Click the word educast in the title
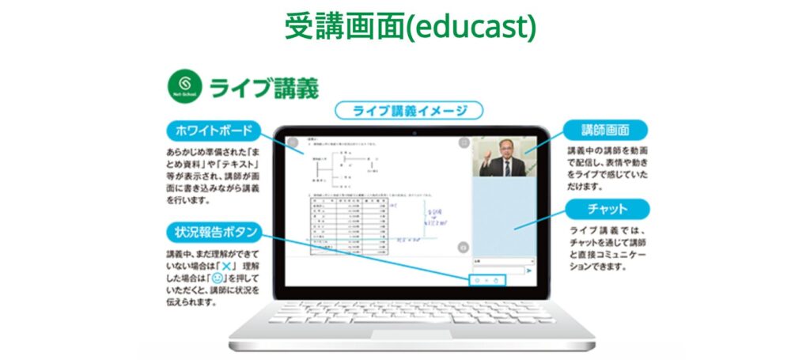tap(479, 26)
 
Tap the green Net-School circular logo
tap(182, 85)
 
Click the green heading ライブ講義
tap(264, 87)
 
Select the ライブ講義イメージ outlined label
tap(409, 111)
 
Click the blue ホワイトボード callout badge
tap(210, 131)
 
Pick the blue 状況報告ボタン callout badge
tap(213, 231)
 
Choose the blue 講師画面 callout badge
tap(604, 130)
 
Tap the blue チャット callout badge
tap(608, 209)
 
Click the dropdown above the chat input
tap(503, 260)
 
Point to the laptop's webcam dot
tap(412, 131)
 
